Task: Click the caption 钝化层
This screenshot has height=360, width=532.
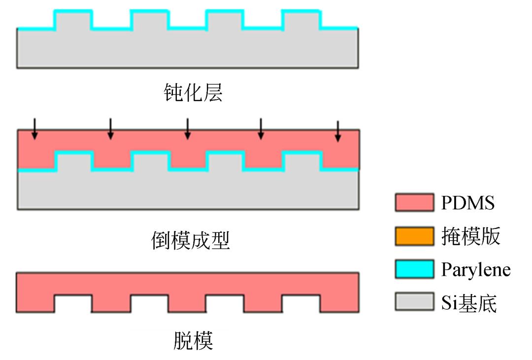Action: (193, 93)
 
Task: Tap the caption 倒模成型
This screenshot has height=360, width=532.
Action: (190, 241)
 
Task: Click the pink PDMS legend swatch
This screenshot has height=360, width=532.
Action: (414, 202)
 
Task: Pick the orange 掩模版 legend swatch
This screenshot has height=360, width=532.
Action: (414, 236)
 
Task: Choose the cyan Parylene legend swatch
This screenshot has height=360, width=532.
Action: (414, 269)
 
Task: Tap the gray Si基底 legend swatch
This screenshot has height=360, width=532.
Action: (414, 301)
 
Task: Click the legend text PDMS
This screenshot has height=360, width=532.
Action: (468, 202)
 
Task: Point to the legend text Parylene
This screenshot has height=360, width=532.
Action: (475, 270)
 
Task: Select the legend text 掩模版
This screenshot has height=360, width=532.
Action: (470, 237)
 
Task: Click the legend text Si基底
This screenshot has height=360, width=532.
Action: (469, 302)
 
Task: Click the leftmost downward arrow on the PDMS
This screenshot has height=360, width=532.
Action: (34, 129)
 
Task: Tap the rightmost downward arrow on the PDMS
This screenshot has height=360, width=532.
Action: (337, 131)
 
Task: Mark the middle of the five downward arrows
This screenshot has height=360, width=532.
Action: (187, 129)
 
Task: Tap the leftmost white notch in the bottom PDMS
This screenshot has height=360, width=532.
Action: (73, 303)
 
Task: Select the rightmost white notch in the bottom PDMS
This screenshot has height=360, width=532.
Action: (301, 303)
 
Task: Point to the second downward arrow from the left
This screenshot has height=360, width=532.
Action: (110, 129)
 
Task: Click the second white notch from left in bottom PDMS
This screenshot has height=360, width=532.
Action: (149, 303)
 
